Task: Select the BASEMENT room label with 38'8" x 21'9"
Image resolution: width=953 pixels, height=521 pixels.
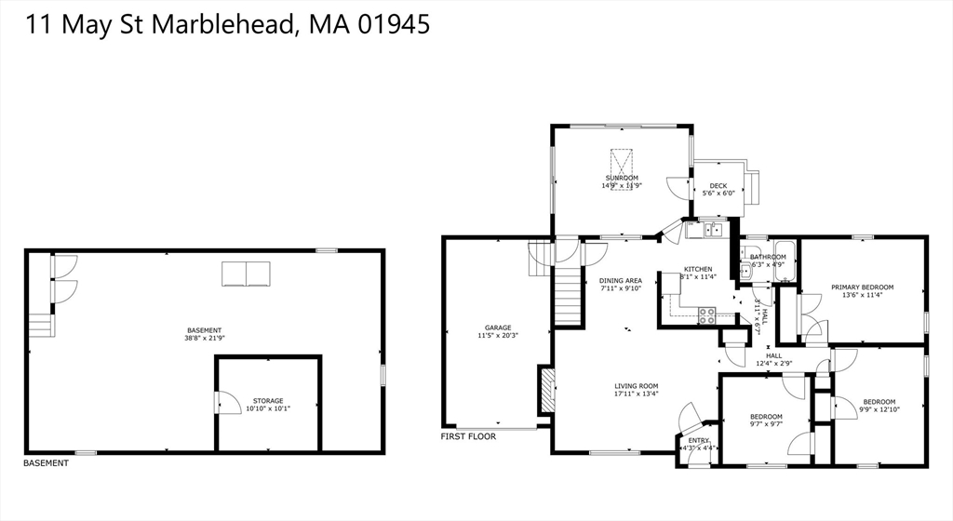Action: coord(204,330)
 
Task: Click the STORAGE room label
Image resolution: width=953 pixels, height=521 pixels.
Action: coord(268,401)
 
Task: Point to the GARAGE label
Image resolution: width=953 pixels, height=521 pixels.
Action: coord(498,327)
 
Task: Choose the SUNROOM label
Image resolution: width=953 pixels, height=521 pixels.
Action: coord(622,178)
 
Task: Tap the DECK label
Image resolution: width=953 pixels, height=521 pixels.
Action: coord(718,186)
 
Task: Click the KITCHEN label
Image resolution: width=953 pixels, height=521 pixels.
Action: coord(698,269)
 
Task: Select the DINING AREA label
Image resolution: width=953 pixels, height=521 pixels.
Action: coord(621,281)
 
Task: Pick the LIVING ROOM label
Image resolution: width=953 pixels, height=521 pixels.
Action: coord(637,386)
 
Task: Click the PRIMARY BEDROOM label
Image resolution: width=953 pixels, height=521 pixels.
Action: coord(863,287)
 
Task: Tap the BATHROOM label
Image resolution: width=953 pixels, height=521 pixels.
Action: coord(768,257)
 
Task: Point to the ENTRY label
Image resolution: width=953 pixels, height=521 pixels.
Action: coord(698,440)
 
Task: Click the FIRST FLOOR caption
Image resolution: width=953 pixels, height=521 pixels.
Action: coord(468,436)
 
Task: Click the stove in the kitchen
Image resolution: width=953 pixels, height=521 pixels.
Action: coord(706,314)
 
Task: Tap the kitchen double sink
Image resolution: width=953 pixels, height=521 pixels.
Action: coord(714,229)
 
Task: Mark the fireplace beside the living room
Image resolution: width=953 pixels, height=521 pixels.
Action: coord(545,391)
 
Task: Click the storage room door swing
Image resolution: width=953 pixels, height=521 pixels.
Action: coord(224,402)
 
